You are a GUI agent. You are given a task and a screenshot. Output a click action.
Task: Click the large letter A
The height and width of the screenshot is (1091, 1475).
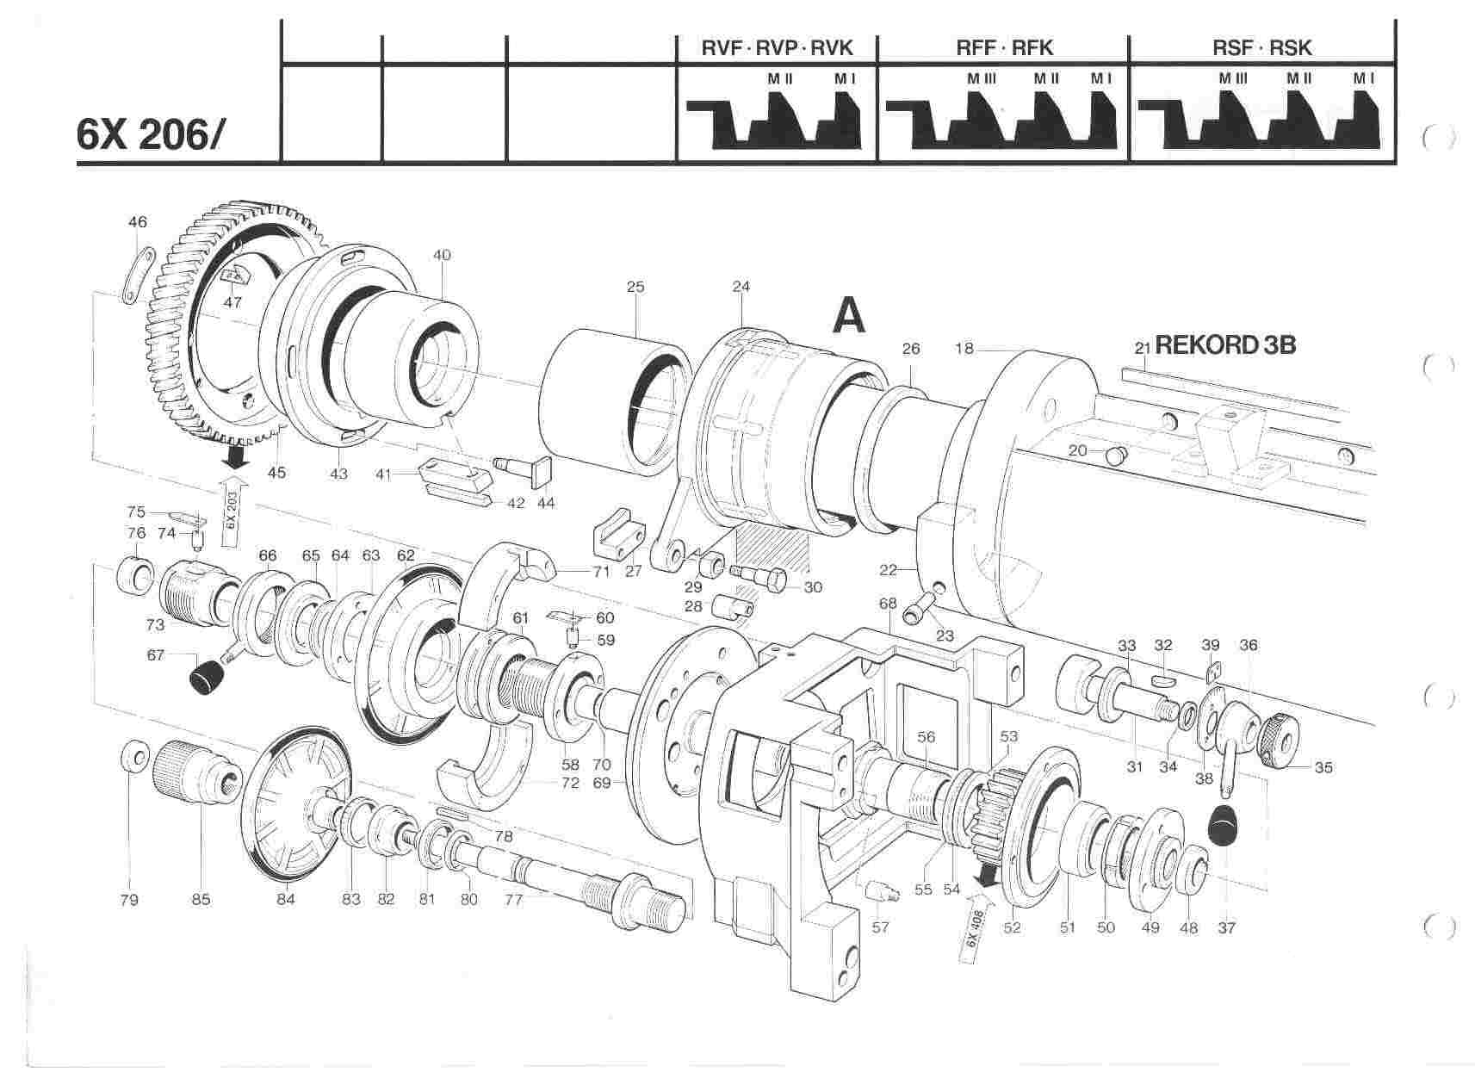click(x=849, y=316)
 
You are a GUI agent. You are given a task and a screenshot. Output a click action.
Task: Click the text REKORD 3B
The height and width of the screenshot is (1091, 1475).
click(x=1224, y=344)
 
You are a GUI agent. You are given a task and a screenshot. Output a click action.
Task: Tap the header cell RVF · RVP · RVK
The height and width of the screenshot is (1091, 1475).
click(x=777, y=48)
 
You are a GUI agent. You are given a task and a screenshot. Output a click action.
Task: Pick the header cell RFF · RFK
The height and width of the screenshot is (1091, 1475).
click(x=1004, y=48)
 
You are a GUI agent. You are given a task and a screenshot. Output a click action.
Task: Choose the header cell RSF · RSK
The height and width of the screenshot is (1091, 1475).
click(x=1262, y=48)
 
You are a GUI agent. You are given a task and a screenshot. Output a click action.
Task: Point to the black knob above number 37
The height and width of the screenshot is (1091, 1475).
click(x=1225, y=829)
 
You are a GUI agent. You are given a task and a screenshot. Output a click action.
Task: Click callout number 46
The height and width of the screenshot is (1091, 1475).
click(x=138, y=222)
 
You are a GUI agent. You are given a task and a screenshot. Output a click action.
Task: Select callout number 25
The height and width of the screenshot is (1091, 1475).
click(x=635, y=287)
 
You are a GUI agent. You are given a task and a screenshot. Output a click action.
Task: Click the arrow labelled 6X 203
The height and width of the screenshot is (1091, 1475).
click(x=232, y=513)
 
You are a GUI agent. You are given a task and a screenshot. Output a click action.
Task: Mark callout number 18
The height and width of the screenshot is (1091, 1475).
click(x=964, y=349)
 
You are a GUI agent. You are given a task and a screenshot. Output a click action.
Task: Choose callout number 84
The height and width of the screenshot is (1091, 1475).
click(x=286, y=899)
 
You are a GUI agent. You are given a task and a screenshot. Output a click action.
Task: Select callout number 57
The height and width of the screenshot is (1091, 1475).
click(x=880, y=927)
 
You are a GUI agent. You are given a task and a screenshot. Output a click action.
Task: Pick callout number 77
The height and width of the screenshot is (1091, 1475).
click(x=514, y=899)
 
